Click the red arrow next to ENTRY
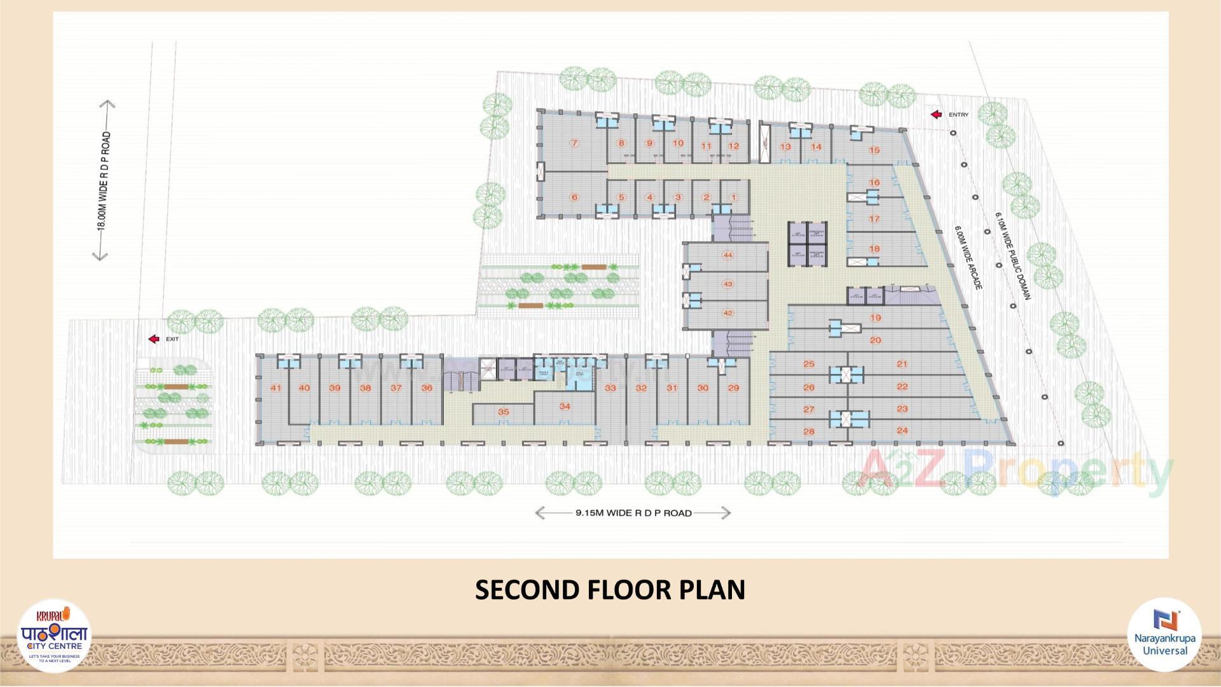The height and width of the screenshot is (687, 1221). point(936,114)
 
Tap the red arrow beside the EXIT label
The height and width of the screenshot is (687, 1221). point(154,339)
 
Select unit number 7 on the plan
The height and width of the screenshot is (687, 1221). point(574,143)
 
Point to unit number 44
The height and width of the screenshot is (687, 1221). point(728,255)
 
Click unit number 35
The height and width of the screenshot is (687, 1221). point(503,412)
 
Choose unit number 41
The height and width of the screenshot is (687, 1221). point(275,388)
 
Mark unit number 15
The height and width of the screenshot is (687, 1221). point(874,150)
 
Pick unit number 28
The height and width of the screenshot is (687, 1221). point(809,431)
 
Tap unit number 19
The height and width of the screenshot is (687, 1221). point(876,318)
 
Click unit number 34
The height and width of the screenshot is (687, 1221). point(565,406)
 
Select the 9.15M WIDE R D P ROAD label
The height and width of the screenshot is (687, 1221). point(633,513)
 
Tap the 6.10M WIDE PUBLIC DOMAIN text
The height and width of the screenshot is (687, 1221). point(1012,256)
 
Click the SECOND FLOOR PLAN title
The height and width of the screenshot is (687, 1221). point(610,590)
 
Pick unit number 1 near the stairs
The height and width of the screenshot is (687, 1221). point(733,197)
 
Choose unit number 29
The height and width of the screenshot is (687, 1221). point(733,388)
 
